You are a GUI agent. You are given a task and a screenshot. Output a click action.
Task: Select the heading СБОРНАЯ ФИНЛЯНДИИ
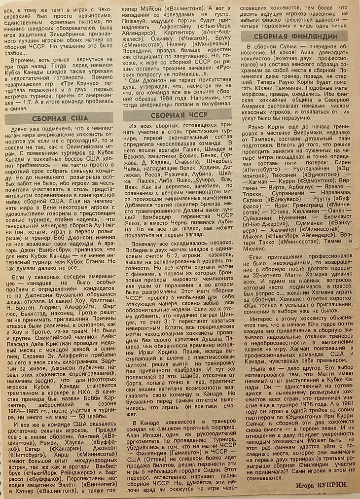click(x=296, y=36)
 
